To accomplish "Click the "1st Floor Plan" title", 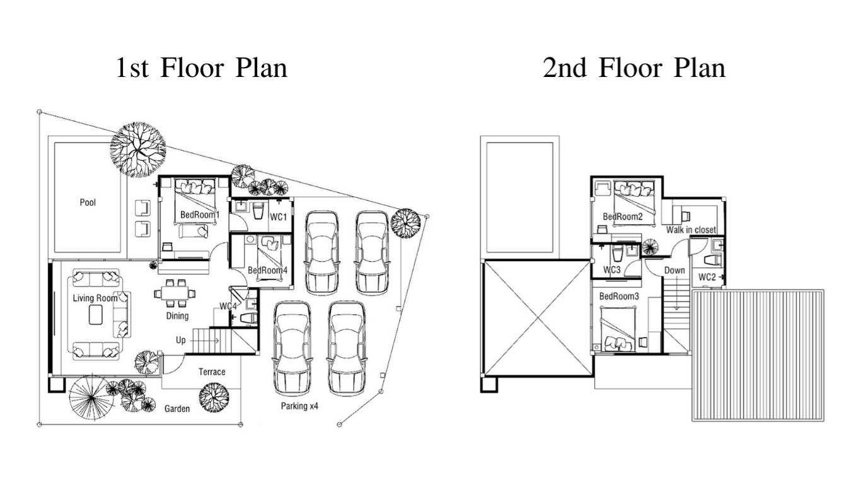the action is pos(202,68).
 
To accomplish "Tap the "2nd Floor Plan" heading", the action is pos(634,68).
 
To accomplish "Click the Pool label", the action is pos(88,202).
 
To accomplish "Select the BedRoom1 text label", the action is pos(200,214).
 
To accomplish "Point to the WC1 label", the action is pos(279,217).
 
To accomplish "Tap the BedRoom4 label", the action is pos(267,271).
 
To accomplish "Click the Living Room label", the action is pos(95,298).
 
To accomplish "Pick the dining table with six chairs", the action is pos(175,293).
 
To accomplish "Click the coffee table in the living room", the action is pos(96,315).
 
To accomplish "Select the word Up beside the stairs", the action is pos(181,340).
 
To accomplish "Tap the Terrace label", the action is pos(212,372).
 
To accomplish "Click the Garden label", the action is pos(177,409).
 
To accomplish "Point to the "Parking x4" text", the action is pos(299,406).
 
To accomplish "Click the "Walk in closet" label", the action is pos(691,230).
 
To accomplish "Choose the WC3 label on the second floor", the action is pos(612,270).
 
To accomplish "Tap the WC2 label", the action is pos(707,277).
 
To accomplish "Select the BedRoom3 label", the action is pos(619,296).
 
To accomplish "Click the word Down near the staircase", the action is pos(674,271).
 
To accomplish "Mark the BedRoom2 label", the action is pos(623,216).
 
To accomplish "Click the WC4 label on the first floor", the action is pos(228,306).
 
